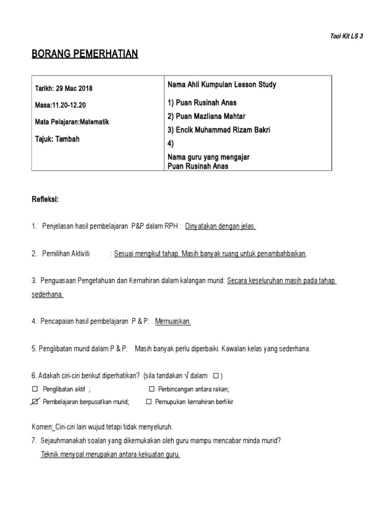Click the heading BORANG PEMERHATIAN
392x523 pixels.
85,54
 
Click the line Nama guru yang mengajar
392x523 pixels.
208,157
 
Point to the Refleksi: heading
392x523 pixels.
45,199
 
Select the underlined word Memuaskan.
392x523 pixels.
173,321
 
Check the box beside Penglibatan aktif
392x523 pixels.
35,389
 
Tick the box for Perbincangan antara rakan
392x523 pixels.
149,389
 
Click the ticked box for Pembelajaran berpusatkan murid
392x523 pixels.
35,402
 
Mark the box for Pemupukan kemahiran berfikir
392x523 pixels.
149,402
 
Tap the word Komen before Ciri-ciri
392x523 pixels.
42,426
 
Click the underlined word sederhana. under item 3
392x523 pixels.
47,294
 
